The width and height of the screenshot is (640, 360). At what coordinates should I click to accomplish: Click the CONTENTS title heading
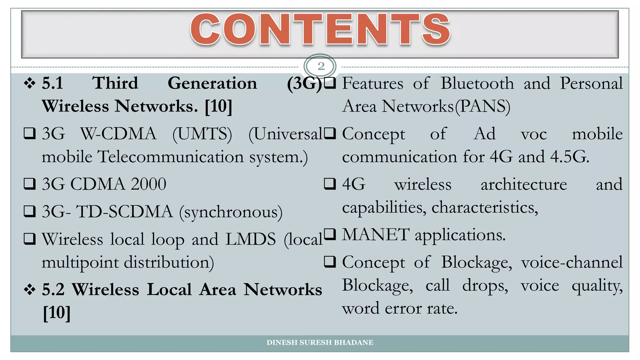(320, 30)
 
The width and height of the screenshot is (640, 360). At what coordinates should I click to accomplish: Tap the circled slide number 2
(321, 66)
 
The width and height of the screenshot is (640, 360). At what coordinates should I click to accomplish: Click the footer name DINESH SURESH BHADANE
(320, 342)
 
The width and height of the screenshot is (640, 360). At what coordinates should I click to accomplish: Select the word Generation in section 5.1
(212, 84)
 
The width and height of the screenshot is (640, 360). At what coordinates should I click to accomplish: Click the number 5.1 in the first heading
(52, 84)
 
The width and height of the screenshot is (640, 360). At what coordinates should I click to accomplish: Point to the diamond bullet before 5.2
(30, 290)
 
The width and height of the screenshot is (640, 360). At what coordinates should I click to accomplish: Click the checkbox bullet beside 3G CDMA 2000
(30, 184)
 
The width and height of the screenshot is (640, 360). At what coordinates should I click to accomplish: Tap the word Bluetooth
(477, 84)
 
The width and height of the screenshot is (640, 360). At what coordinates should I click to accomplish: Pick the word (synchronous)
(231, 212)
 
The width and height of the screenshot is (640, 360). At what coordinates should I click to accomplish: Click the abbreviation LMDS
(251, 239)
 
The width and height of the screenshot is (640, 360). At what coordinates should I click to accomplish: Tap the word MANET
(376, 235)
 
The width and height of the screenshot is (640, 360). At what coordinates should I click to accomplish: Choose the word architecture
(524, 184)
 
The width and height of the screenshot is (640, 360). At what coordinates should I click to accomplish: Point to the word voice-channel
(572, 262)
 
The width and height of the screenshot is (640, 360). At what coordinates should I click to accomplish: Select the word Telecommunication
(171, 157)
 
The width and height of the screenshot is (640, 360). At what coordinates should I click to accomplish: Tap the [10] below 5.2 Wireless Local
(57, 312)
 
